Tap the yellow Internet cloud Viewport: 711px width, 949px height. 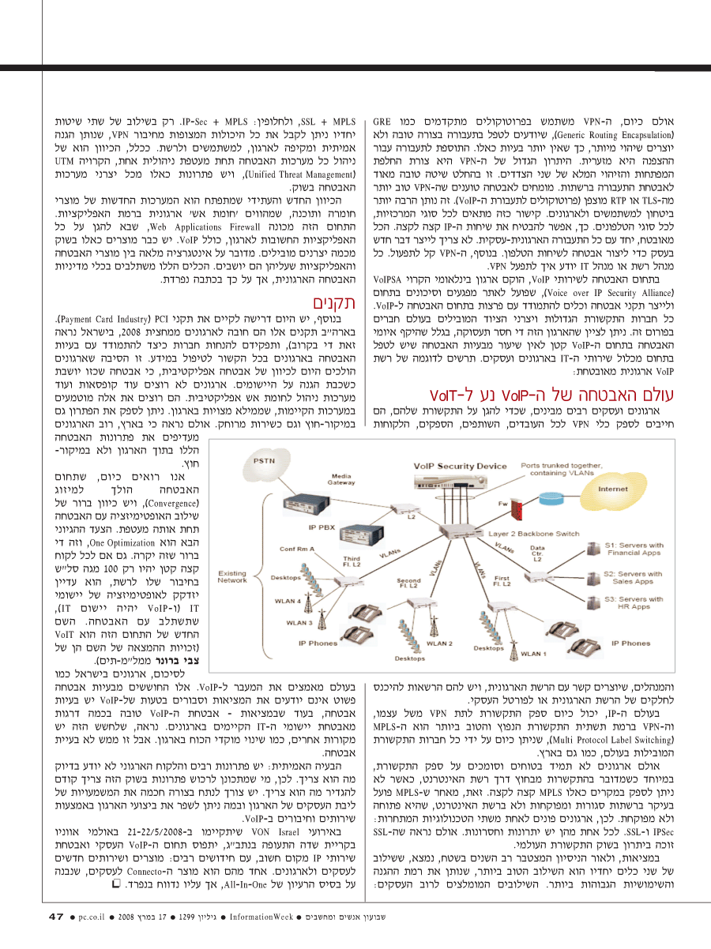(613, 490)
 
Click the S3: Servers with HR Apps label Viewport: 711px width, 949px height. (639, 603)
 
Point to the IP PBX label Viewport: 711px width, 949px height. (322, 527)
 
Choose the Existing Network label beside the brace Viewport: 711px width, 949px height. (232, 577)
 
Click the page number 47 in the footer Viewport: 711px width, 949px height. (55, 917)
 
